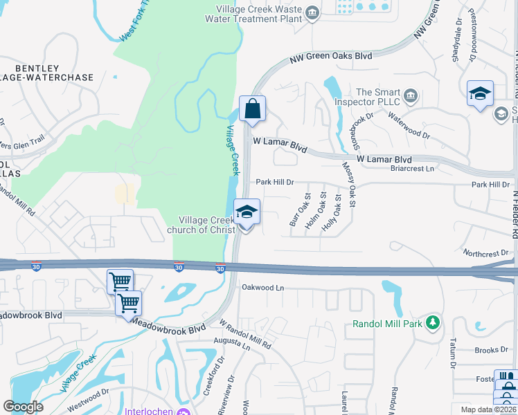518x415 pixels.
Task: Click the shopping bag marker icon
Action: click(252, 109)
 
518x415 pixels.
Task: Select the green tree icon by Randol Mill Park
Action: click(433, 322)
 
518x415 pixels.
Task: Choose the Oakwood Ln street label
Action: click(263, 287)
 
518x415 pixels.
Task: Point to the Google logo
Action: click(23, 406)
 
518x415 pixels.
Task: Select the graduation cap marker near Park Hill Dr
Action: click(247, 212)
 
